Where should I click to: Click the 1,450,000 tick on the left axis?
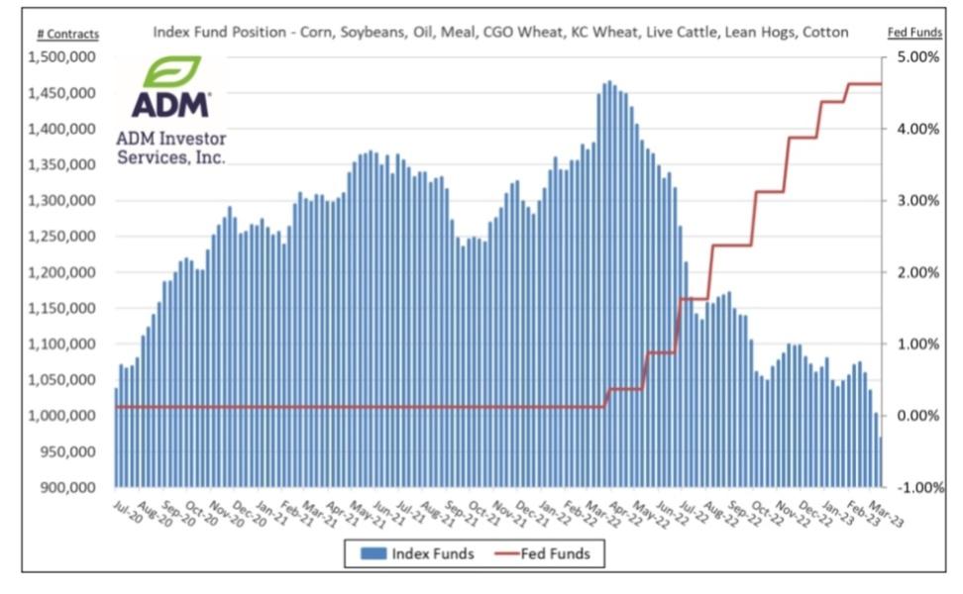coord(66,93)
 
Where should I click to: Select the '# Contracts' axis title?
coord(67,34)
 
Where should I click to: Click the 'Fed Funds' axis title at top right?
coord(913,33)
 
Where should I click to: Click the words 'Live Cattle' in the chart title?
coord(680,32)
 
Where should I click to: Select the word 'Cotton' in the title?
coord(826,32)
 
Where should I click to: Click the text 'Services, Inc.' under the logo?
coord(170,156)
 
